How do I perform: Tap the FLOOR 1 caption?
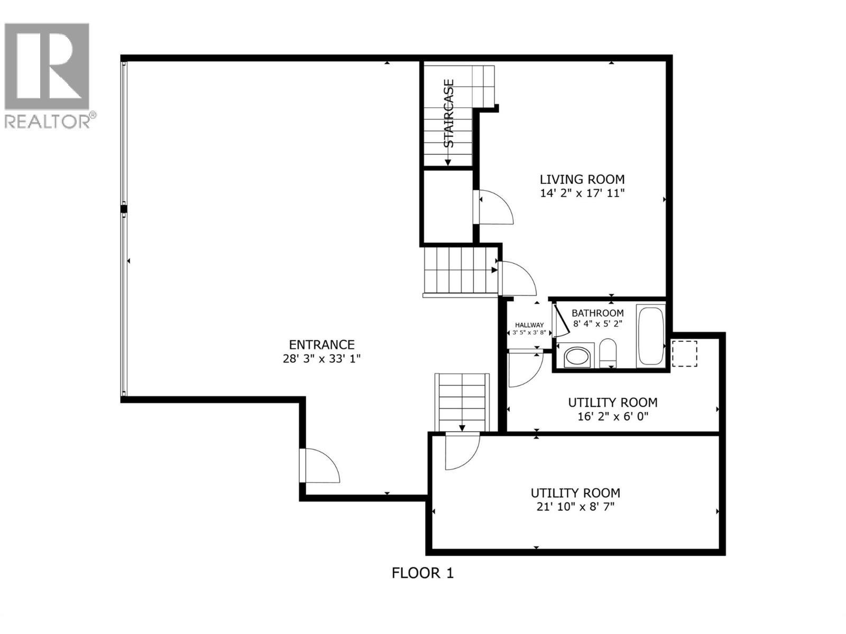click(x=422, y=573)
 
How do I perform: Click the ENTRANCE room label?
click(x=321, y=345)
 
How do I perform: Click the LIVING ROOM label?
click(x=582, y=179)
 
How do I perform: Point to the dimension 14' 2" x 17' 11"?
click(x=582, y=193)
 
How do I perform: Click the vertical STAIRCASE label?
click(x=448, y=113)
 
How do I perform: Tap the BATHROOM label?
click(x=597, y=313)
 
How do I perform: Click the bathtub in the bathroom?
click(x=651, y=336)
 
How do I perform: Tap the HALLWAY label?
click(x=529, y=325)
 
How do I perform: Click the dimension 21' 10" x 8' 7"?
click(x=575, y=507)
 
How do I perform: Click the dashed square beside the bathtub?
click(x=684, y=353)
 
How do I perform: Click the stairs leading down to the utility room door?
click(x=462, y=402)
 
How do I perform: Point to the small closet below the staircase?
click(x=447, y=207)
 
